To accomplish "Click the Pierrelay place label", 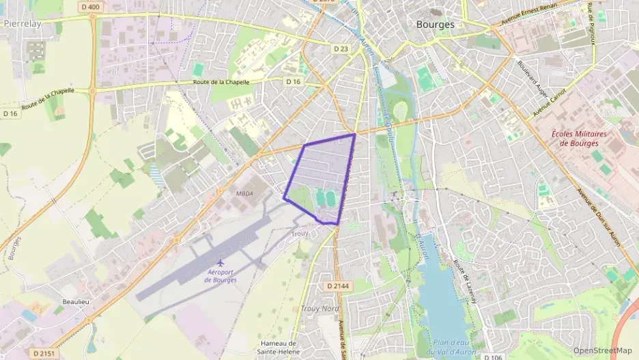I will coord(22,23).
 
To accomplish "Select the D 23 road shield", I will coord(341,49).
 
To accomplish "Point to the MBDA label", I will coord(244,193).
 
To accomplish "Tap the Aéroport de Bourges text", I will coord(221,276).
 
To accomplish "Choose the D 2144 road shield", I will coord(339,286).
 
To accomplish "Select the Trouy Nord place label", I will coord(319,309).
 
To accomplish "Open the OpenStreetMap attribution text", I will coord(603,350).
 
